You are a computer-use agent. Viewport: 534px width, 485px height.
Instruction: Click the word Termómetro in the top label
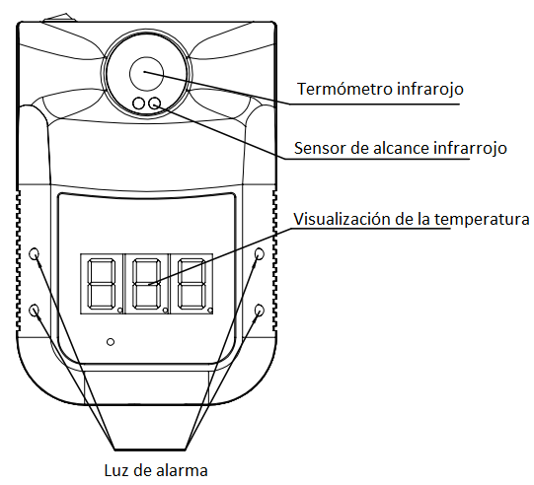344,89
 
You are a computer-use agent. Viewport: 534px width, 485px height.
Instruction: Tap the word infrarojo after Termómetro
430,90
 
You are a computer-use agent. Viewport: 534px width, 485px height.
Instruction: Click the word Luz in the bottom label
116,471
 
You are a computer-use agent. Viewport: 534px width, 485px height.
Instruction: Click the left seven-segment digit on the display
102,284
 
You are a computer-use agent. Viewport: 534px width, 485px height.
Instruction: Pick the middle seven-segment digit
146,284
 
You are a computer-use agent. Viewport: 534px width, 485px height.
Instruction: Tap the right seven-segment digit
191,284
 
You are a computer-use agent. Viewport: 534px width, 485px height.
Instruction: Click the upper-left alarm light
35,253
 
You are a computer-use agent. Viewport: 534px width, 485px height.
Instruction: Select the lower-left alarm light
35,310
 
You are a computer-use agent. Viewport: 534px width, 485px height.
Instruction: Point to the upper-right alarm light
260,253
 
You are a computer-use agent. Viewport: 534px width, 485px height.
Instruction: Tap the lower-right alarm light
260,310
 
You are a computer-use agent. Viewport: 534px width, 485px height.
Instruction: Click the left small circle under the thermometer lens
138,104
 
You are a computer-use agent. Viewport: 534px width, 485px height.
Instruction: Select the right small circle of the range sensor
155,104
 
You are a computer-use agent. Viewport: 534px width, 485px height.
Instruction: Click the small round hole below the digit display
111,342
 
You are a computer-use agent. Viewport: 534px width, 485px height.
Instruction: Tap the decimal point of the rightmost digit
210,310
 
